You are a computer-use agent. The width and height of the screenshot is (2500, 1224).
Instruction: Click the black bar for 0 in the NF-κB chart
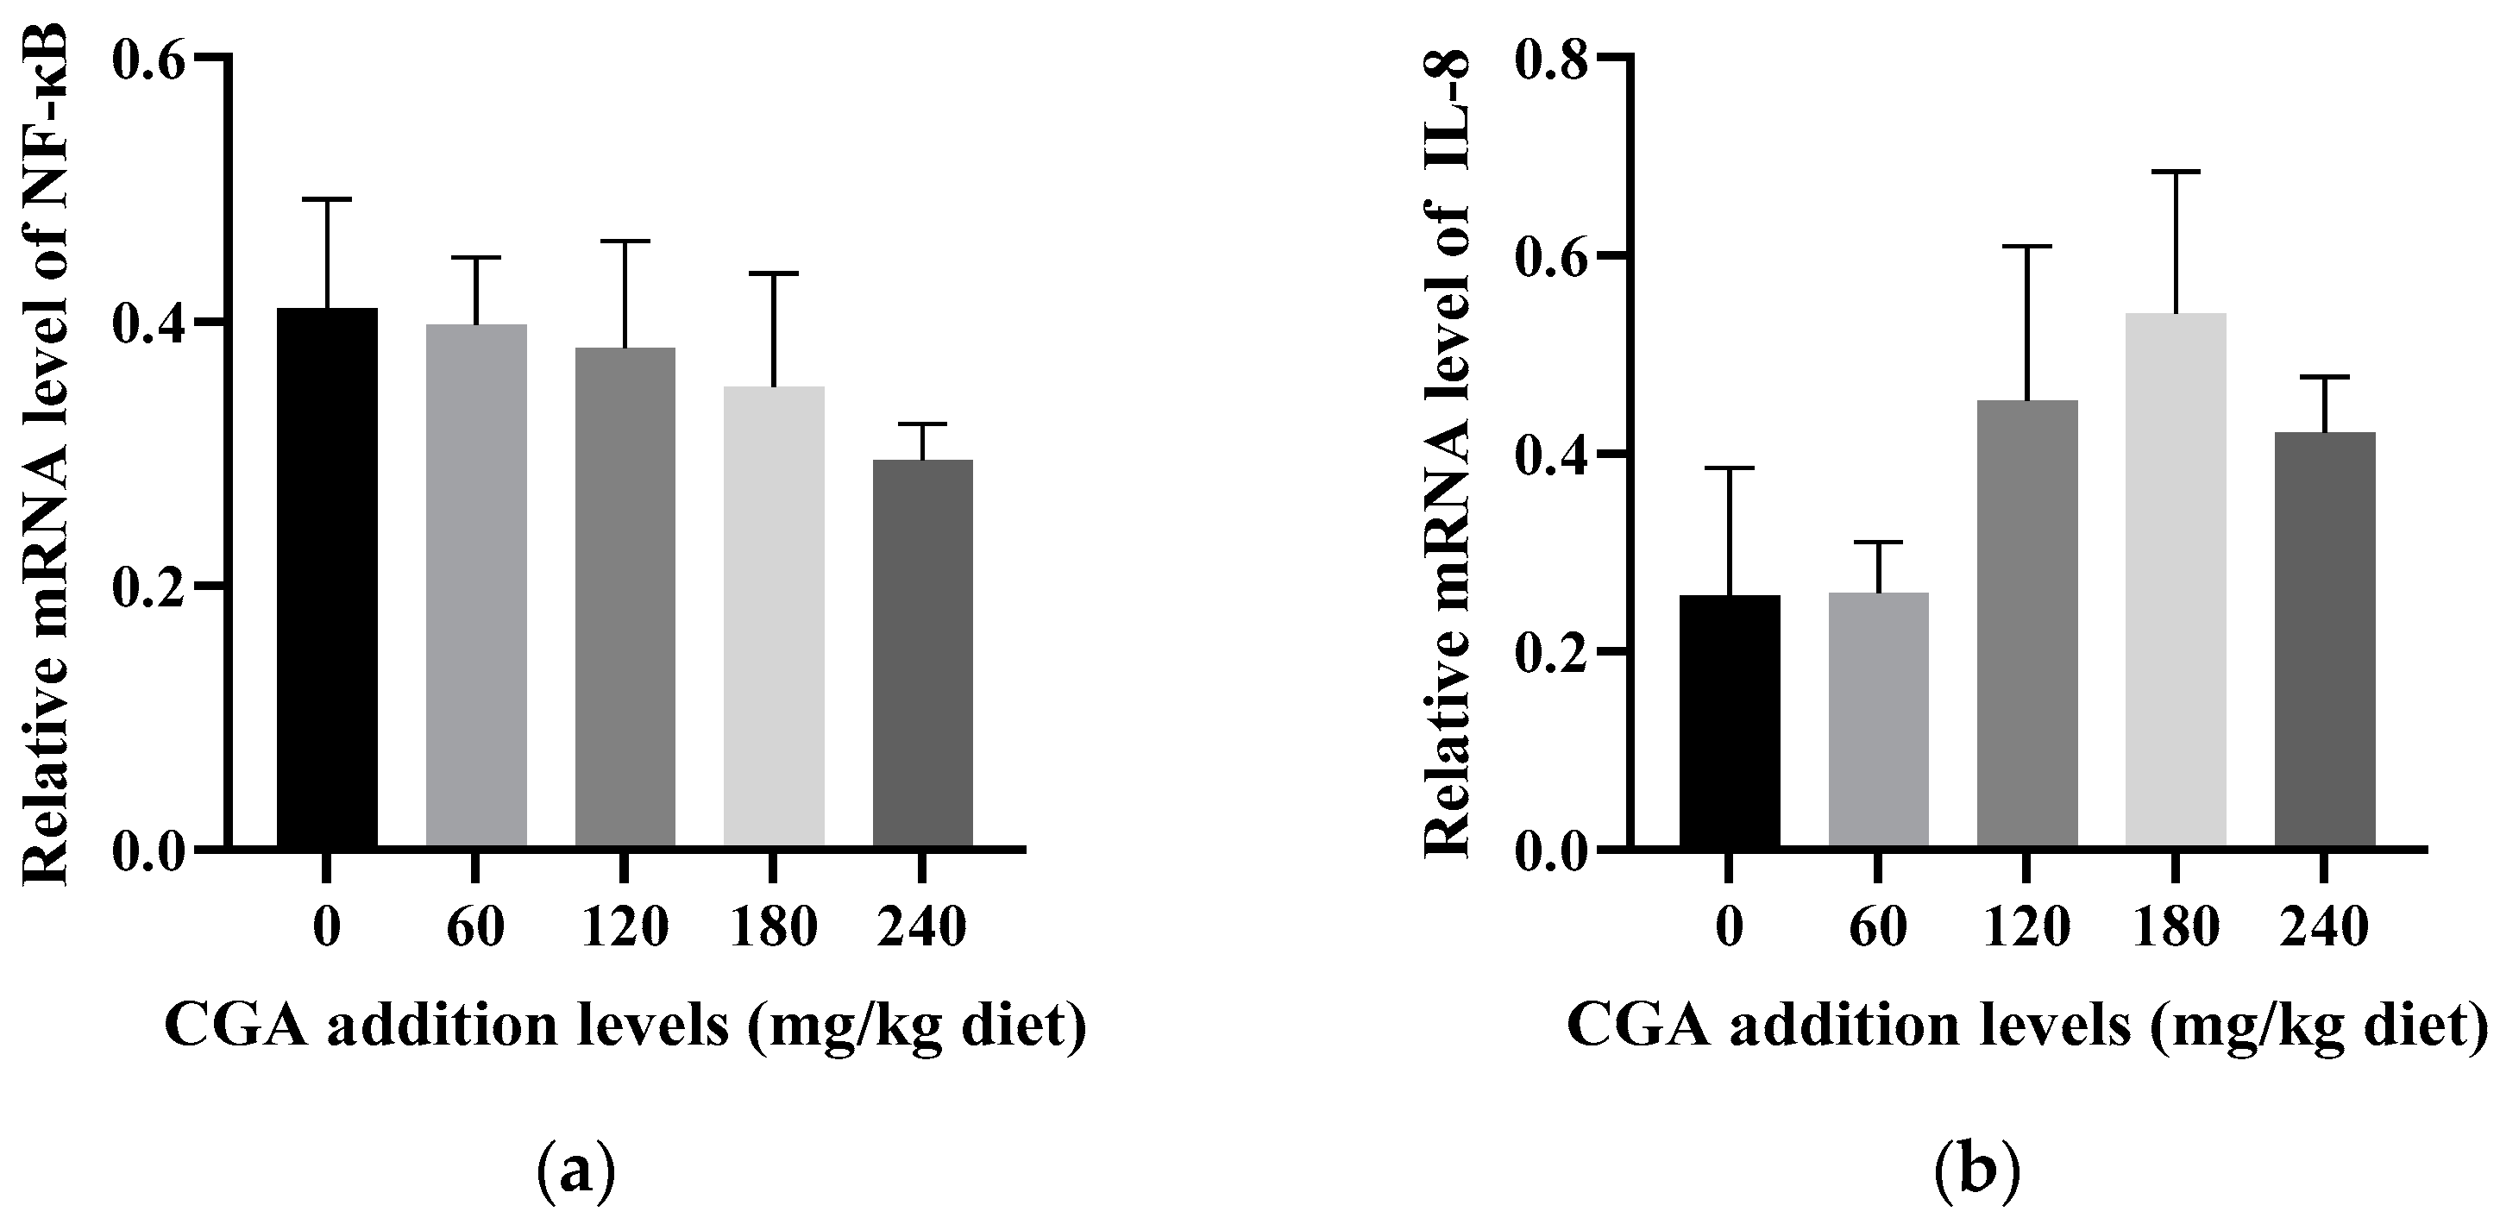pyautogui.click(x=327, y=579)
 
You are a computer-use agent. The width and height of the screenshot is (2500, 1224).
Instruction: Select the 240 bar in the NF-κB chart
pyautogui.click(x=923, y=654)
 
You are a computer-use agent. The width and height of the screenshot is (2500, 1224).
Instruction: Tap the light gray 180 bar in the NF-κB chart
pyautogui.click(x=775, y=618)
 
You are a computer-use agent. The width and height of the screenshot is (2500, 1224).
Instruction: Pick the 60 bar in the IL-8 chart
pyautogui.click(x=1879, y=720)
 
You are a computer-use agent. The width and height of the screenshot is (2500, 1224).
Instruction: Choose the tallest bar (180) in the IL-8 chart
pyautogui.click(x=2176, y=581)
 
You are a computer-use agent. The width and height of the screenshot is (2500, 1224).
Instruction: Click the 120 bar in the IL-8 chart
pyautogui.click(x=2027, y=625)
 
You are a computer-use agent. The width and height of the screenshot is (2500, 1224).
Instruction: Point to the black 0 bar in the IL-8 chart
pyautogui.click(x=1731, y=721)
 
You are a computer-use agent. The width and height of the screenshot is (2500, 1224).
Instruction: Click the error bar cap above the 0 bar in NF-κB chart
pyautogui.click(x=327, y=199)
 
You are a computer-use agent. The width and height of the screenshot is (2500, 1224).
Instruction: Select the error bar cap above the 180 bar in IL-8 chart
pyautogui.click(x=2176, y=172)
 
